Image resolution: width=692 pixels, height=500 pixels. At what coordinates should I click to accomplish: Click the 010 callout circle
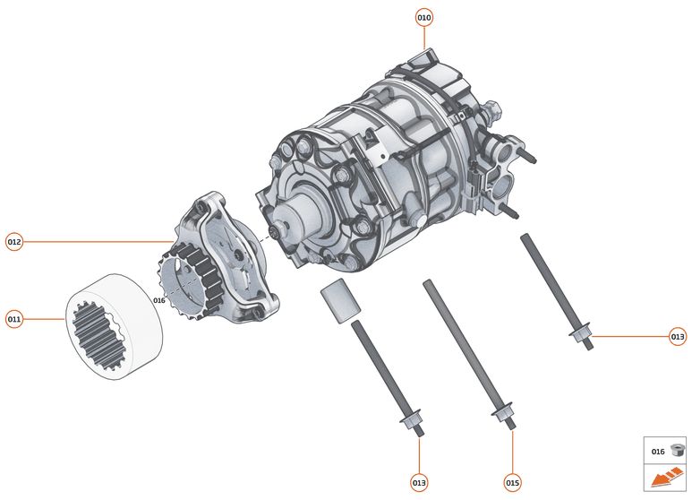(424, 17)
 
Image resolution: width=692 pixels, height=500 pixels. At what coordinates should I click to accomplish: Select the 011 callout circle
(14, 318)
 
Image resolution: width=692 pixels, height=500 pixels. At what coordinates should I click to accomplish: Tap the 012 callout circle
(14, 242)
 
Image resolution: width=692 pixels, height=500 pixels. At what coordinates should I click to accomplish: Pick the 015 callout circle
(512, 482)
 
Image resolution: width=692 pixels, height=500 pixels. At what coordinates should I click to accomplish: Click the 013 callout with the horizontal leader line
(678, 337)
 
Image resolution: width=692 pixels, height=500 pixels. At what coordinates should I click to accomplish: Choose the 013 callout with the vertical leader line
(419, 482)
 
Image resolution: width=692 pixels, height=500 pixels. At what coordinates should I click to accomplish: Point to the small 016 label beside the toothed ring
(159, 300)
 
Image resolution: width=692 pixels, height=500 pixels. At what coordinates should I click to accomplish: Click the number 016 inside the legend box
(658, 452)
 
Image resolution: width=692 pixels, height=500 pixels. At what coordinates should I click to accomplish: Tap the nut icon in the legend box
(677, 451)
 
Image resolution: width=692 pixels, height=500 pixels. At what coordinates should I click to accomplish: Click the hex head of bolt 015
(500, 415)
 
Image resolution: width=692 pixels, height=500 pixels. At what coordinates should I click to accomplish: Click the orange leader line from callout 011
(45, 318)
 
